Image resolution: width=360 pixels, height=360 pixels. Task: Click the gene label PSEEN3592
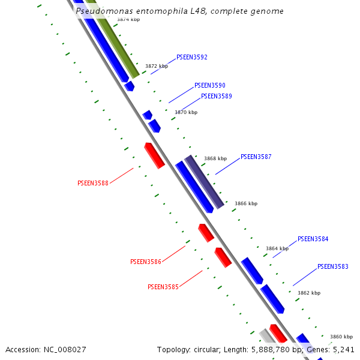pos(192,58)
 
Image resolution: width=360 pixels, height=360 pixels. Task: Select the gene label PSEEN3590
pos(210,86)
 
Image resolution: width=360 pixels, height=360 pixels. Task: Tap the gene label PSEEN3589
pos(217,96)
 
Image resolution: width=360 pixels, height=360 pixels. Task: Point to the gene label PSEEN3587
pos(256,157)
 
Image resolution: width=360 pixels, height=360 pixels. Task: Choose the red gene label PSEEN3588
pos(93,183)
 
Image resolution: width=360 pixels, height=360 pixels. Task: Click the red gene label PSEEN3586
pos(146,262)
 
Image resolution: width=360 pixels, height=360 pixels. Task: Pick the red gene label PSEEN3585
pos(163,287)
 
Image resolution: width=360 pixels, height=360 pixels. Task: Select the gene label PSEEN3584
pos(313,239)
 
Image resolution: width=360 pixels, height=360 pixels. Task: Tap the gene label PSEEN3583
pos(333,266)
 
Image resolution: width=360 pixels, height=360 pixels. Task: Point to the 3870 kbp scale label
pos(186,112)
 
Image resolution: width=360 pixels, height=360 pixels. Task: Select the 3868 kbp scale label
pos(215,158)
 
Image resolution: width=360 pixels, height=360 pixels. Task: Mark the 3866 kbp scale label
pos(246,203)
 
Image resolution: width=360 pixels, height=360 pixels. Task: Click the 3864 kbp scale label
pos(277,248)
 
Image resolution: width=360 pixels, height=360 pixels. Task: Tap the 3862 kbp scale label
pos(309,293)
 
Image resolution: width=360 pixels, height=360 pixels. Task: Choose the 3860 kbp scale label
pos(341,337)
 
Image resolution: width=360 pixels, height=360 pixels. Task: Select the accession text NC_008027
pos(46,349)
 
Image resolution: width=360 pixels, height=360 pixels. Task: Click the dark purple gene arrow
pos(204,181)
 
